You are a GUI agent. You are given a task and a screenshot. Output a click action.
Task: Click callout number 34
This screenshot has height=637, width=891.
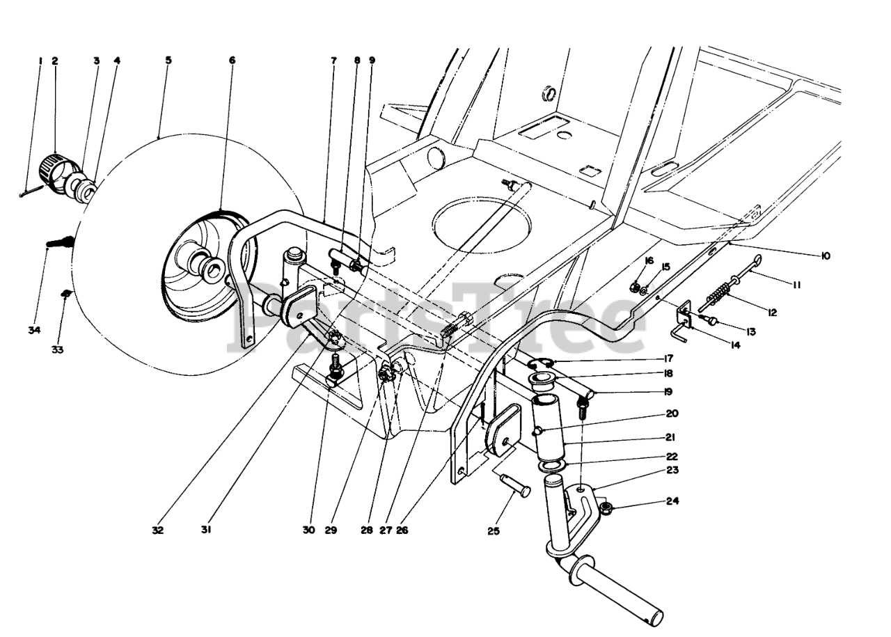point(34,329)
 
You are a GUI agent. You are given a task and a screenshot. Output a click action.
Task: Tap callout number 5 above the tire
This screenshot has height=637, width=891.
point(168,61)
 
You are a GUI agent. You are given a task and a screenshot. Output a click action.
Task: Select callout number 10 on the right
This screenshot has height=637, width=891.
point(826,256)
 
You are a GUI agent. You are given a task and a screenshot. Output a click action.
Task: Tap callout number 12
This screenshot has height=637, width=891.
point(771,313)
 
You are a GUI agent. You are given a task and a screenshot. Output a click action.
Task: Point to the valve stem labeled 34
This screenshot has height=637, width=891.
point(58,243)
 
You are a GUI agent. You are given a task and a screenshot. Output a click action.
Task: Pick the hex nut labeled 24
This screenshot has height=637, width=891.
point(606,508)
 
